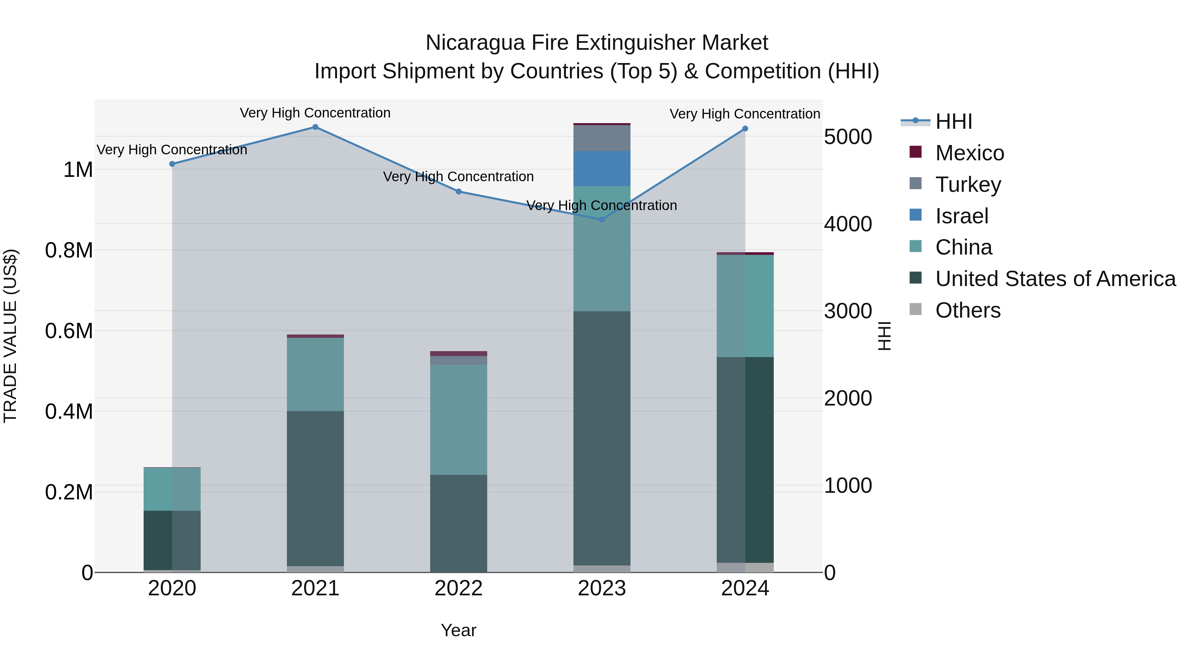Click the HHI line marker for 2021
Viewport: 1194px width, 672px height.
[315, 127]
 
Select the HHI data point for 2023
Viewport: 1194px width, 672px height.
[602, 219]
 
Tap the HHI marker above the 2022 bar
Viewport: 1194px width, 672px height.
[458, 191]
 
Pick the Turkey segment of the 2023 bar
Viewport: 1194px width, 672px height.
[602, 138]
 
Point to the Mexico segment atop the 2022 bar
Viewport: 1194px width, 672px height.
[458, 353]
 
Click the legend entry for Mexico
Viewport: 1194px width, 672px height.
[969, 153]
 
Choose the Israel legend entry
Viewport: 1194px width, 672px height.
[962, 216]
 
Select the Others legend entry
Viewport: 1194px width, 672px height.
[967, 310]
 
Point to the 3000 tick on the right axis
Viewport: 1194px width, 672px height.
[848, 311]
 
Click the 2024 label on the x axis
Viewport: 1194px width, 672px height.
[745, 588]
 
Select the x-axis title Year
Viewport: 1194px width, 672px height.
[458, 630]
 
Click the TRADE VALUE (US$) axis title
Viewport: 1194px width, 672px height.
[10, 336]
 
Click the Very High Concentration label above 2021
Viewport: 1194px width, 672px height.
[315, 113]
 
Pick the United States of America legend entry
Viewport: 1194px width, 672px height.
[1055, 279]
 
